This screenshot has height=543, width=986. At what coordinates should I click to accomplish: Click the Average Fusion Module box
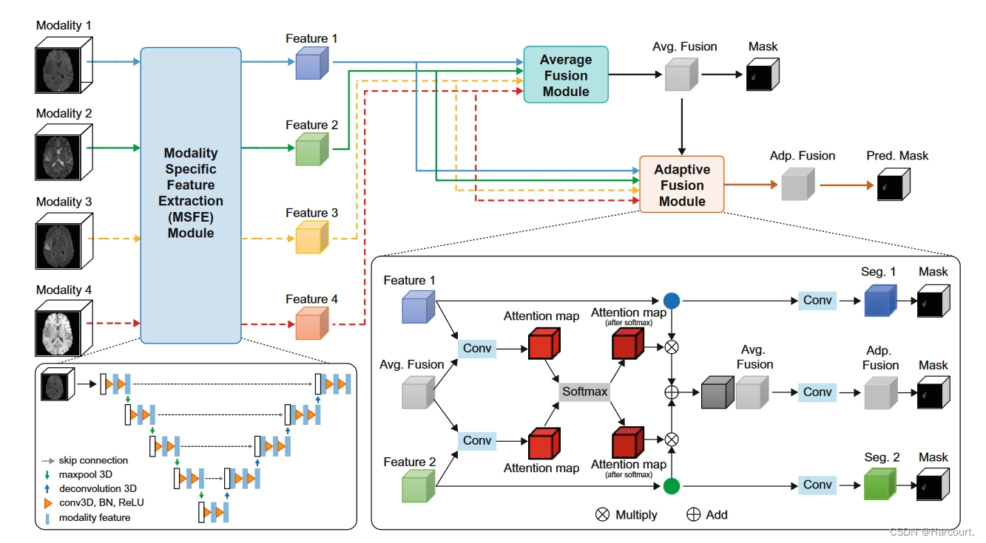[x=566, y=75]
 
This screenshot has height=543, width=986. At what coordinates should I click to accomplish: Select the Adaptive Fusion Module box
[x=681, y=185]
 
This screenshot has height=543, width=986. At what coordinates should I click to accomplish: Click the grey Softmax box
[x=584, y=391]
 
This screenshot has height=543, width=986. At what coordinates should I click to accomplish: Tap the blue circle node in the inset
[x=672, y=301]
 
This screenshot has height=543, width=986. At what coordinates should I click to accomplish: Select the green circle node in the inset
[x=672, y=485]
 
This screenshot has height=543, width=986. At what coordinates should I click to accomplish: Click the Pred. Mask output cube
[x=894, y=184]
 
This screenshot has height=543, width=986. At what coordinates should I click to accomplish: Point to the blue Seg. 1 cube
[x=880, y=301]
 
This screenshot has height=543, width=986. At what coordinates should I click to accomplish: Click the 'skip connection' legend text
[x=93, y=461]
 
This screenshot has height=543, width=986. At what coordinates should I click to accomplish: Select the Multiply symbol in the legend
[x=602, y=514]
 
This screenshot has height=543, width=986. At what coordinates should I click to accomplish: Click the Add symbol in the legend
[x=694, y=514]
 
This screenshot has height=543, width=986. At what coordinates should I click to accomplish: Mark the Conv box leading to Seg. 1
[x=817, y=301]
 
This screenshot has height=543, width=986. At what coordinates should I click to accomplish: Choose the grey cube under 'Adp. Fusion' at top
[x=797, y=184]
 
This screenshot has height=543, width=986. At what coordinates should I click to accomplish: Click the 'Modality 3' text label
[x=64, y=202]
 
